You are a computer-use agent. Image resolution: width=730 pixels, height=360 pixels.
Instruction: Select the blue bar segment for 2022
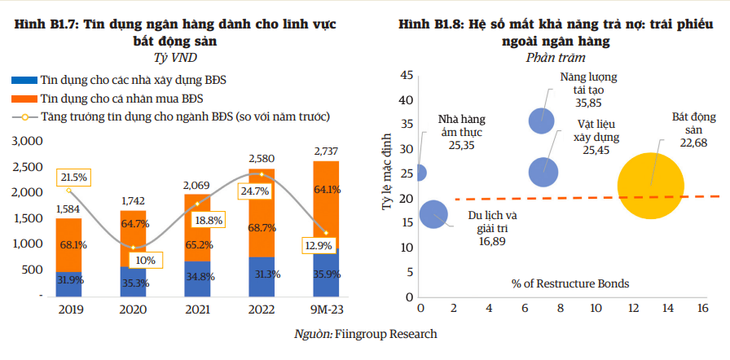(261, 276)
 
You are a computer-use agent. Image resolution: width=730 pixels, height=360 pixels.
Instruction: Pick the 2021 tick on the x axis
(196, 309)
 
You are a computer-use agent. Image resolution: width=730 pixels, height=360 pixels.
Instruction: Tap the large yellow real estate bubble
(651, 186)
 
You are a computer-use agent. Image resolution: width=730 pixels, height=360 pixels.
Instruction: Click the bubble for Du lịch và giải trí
(434, 213)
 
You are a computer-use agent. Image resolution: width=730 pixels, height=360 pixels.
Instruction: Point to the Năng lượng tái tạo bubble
(543, 121)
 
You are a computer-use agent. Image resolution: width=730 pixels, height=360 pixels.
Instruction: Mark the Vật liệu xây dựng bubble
(543, 172)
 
